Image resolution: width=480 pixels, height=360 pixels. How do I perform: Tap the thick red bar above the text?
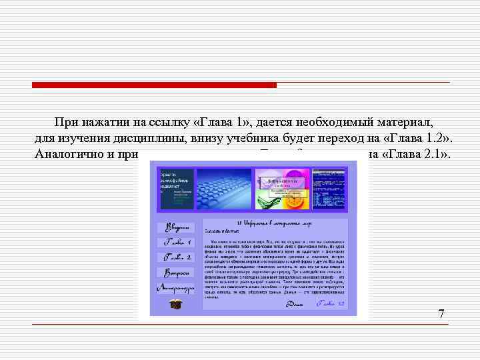coord(154,85)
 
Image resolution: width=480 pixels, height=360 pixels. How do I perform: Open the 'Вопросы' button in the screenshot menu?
coord(175,272)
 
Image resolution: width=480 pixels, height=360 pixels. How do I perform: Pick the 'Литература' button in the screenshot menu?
coord(175,287)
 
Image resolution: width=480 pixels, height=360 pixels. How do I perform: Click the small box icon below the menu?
coord(176,304)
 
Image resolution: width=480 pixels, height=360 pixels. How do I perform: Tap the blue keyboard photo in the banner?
coord(224,188)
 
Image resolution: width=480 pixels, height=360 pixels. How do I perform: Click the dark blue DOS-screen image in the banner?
coord(331,188)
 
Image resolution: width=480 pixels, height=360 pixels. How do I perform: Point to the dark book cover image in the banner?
coord(176,189)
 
